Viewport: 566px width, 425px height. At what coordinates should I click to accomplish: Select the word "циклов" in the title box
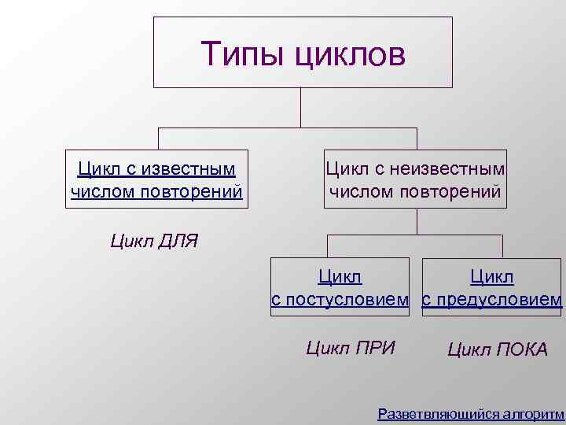click(351, 54)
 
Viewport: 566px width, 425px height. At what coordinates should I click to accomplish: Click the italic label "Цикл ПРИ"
click(350, 348)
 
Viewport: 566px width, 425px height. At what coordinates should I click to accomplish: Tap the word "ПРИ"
click(374, 348)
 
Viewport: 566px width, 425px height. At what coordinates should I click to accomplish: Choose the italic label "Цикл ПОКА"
click(498, 349)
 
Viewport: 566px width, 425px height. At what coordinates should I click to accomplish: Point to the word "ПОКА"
click(521, 349)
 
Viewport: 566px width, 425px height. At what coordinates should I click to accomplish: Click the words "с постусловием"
click(340, 300)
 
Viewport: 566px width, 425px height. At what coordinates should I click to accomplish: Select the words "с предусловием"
click(492, 300)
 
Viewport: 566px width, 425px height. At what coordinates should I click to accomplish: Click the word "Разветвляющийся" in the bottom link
click(437, 413)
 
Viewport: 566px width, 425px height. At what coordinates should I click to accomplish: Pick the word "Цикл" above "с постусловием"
click(340, 278)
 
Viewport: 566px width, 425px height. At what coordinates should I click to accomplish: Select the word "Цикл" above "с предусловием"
click(492, 278)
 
